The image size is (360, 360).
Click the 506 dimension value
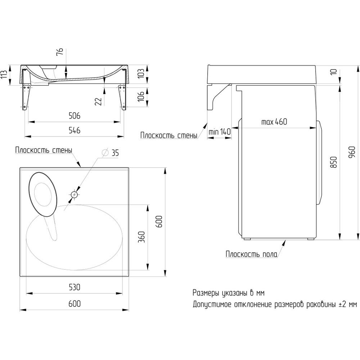point(75,116)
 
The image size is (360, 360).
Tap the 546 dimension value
point(75,130)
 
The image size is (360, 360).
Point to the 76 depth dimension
point(59,52)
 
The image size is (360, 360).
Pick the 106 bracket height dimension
point(141,96)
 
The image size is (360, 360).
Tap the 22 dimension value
point(98,102)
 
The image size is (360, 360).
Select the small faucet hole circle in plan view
point(74,195)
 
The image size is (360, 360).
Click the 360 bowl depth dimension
point(141,237)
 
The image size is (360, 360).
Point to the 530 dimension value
point(75,287)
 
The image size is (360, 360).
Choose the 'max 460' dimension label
point(274,122)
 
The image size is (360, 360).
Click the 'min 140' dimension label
point(220,132)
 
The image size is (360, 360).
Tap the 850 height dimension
point(334,162)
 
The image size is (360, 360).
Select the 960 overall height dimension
point(352,152)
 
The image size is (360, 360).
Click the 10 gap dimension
point(334,72)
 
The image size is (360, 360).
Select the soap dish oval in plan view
point(43,194)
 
